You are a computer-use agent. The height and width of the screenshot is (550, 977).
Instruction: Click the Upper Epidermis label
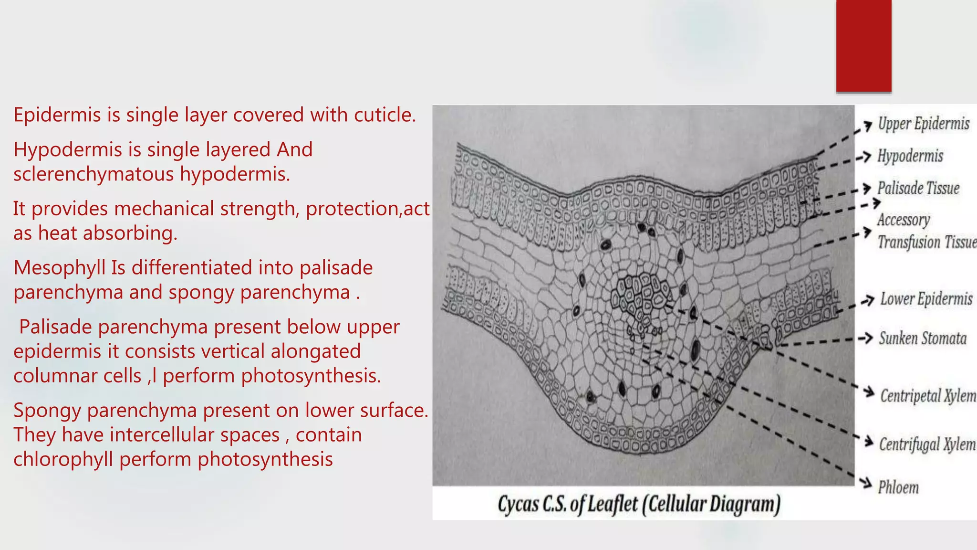click(924, 124)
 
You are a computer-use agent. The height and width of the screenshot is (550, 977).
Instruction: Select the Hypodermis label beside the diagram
click(910, 156)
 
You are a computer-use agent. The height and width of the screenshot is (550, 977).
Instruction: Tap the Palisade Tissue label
click(918, 188)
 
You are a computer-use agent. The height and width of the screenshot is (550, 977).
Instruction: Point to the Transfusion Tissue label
click(927, 242)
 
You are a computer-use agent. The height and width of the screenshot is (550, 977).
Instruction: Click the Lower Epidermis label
click(926, 299)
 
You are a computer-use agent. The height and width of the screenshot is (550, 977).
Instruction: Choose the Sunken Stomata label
click(923, 338)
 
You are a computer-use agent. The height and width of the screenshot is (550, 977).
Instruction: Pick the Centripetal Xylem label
click(928, 396)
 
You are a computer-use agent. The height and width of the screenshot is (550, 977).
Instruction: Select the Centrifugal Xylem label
click(927, 444)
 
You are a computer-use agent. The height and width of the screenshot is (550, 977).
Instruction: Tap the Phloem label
click(898, 487)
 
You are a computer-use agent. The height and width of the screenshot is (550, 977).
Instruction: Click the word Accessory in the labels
click(904, 220)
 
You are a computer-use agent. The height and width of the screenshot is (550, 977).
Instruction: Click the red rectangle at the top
click(863, 46)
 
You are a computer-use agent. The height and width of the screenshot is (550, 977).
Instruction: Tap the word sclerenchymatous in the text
click(94, 174)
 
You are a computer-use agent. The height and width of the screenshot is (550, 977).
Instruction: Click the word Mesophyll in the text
click(59, 268)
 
